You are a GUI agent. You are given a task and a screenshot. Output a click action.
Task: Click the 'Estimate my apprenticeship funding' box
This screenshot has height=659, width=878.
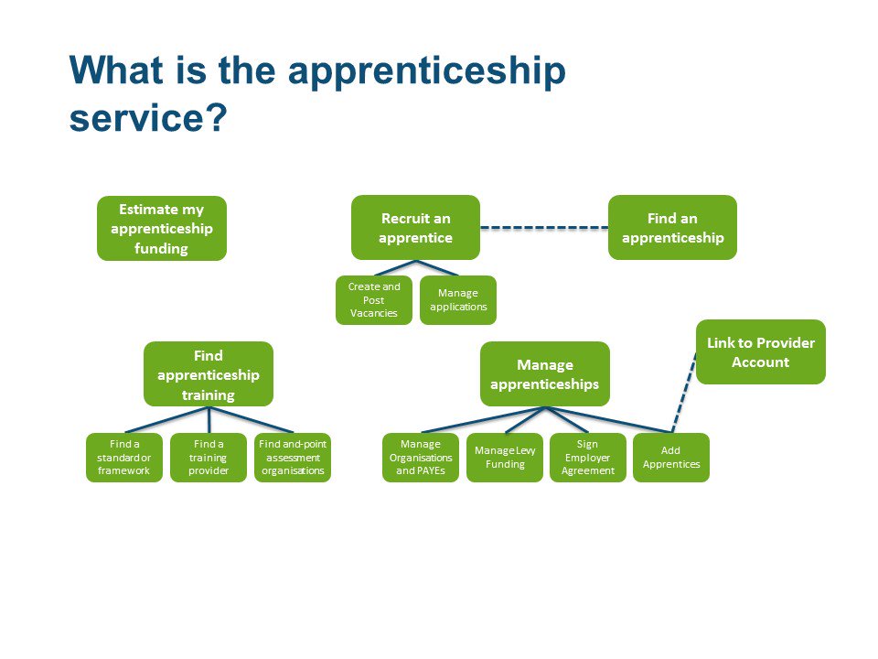click(162, 228)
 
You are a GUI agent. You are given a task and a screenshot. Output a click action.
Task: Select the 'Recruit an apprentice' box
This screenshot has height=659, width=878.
click(416, 227)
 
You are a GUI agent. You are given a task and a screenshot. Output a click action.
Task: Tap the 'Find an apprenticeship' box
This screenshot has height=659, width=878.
click(672, 227)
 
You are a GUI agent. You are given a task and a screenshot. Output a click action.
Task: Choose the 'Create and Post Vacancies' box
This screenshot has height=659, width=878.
click(373, 300)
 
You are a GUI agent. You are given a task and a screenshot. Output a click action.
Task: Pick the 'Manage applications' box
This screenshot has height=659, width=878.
click(458, 300)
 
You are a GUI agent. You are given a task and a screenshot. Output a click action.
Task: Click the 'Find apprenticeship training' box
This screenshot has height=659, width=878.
click(209, 374)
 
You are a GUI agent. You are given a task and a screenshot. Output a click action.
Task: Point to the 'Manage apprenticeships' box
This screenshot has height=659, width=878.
click(545, 374)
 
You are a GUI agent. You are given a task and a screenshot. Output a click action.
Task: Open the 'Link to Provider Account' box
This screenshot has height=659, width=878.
click(760, 351)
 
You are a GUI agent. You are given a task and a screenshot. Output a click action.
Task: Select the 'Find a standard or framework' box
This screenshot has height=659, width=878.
click(123, 458)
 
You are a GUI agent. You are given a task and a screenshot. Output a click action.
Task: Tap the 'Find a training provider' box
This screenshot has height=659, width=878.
click(209, 458)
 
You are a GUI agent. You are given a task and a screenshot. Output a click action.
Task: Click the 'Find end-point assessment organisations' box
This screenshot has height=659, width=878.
click(293, 458)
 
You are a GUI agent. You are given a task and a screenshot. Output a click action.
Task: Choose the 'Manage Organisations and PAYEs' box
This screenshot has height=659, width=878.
click(421, 458)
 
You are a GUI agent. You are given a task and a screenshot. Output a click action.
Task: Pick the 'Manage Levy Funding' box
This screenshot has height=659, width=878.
click(505, 458)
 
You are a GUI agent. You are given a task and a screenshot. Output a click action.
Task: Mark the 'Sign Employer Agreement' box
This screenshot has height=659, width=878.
click(587, 458)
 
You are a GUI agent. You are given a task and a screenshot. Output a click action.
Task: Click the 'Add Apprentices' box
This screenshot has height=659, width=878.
click(671, 458)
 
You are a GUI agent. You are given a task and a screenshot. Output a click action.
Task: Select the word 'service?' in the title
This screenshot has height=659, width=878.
click(146, 118)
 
